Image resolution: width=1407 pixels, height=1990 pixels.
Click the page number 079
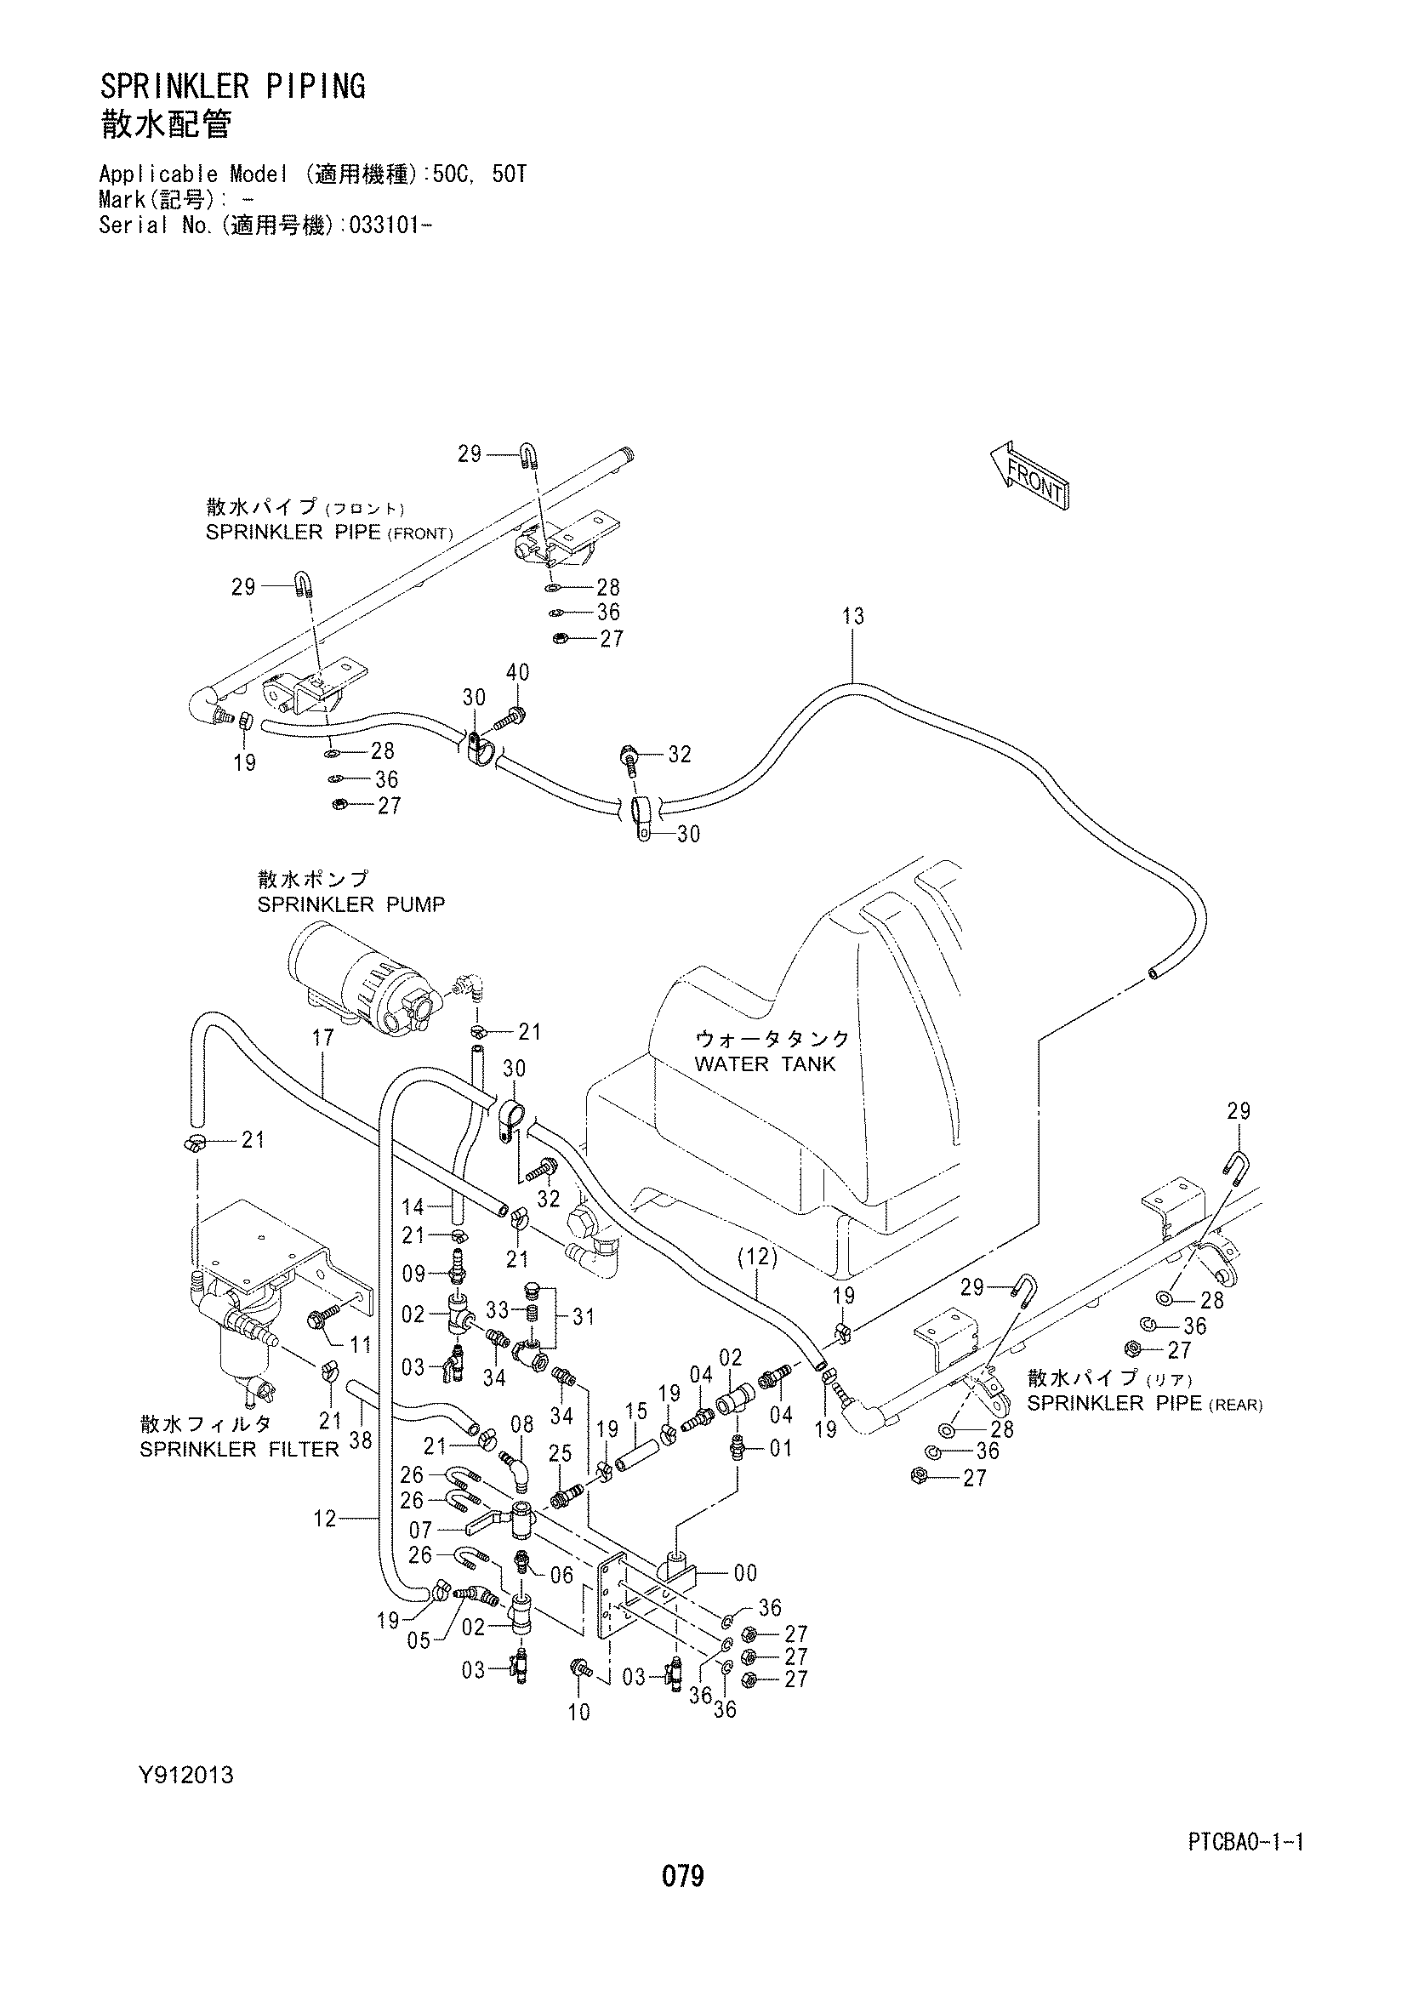tap(683, 1878)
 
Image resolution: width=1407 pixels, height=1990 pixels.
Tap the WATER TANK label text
tap(765, 1063)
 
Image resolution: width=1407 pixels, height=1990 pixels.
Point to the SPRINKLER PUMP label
tap(350, 905)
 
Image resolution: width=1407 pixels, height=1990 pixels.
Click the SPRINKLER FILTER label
tap(240, 1449)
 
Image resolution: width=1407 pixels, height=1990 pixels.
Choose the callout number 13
tap(853, 617)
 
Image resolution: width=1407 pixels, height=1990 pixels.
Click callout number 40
tap(517, 672)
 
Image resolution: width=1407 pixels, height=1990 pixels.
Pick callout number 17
tap(323, 1037)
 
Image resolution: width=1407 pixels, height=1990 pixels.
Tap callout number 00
tap(745, 1573)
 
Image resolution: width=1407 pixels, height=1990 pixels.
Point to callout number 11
tap(361, 1344)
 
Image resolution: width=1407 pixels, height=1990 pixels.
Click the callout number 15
tap(637, 1411)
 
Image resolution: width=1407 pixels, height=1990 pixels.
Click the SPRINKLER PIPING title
tap(232, 87)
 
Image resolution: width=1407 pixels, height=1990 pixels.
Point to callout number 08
tap(521, 1423)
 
